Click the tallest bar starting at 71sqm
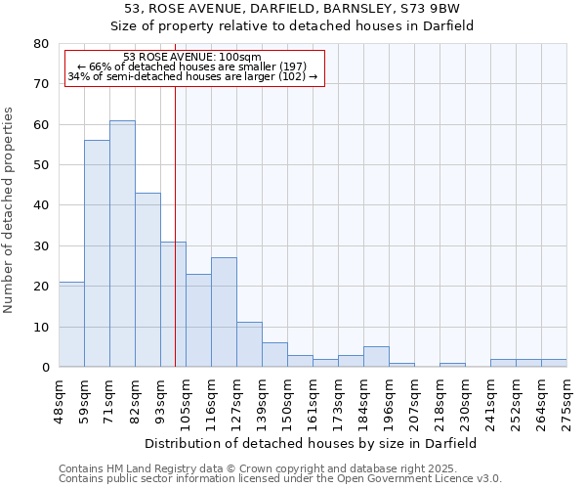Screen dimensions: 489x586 point(122,244)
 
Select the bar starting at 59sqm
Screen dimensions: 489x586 point(97,253)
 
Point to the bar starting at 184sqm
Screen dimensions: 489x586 point(376,357)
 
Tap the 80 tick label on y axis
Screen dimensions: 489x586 point(41,44)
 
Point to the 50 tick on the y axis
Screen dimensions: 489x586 point(41,165)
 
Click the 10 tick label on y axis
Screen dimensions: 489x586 point(41,327)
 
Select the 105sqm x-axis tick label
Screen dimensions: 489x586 point(186,397)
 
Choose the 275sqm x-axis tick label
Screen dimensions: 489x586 point(566,397)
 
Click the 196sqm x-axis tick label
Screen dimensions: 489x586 point(389,397)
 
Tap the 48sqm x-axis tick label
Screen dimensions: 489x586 point(59,397)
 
